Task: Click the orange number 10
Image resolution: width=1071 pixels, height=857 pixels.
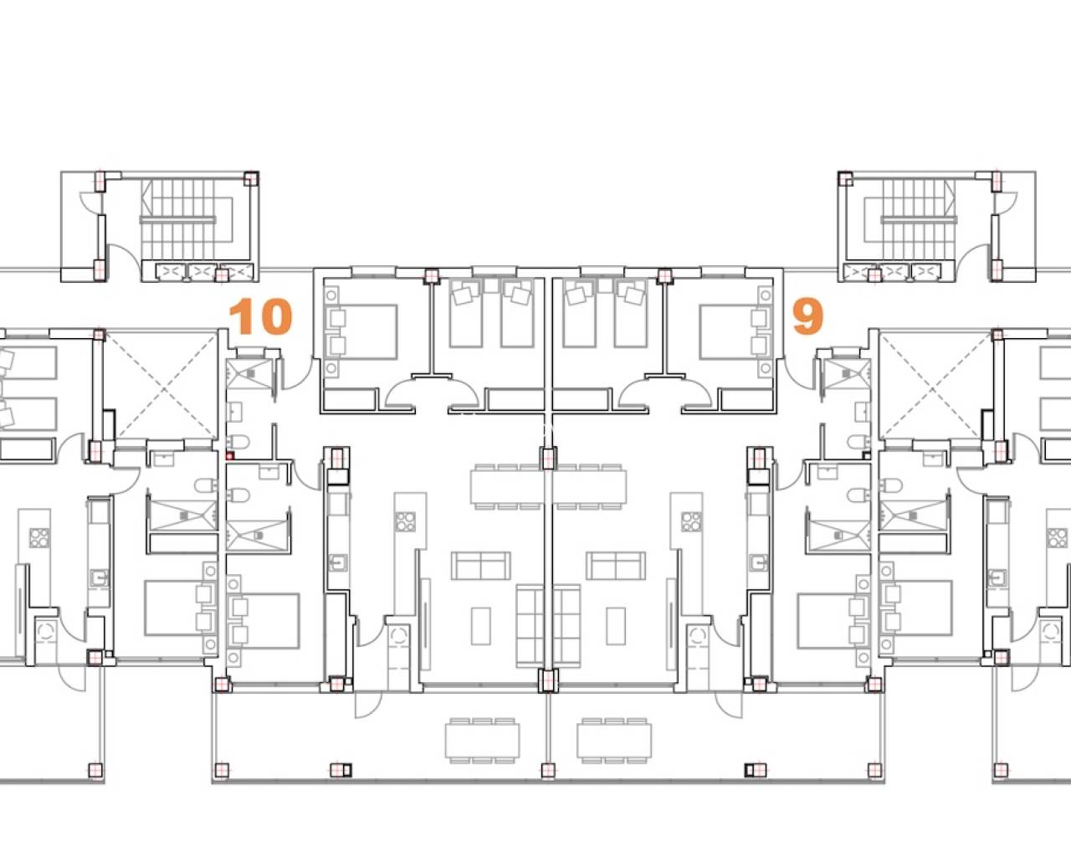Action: coord(260,316)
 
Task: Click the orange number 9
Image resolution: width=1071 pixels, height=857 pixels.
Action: coord(807,316)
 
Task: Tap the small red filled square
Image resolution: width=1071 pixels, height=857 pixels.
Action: coord(229,455)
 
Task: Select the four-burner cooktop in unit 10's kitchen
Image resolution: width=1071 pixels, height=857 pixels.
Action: coord(406,521)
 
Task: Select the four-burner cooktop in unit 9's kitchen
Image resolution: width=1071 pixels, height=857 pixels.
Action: coord(691,521)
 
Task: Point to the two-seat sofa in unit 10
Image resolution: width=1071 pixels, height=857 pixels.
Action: coord(481,566)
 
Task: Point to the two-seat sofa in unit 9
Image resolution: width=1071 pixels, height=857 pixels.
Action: coord(616,566)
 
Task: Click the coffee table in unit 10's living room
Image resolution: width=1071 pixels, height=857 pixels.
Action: coord(481,625)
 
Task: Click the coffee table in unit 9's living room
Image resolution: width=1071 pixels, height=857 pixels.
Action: coord(616,625)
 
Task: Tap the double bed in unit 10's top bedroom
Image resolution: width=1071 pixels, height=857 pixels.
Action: coord(368,332)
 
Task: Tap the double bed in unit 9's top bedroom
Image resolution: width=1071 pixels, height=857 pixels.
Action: coord(728,332)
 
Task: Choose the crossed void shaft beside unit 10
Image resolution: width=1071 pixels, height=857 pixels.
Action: coord(161,386)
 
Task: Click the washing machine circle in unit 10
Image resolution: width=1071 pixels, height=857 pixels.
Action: coord(397,635)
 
